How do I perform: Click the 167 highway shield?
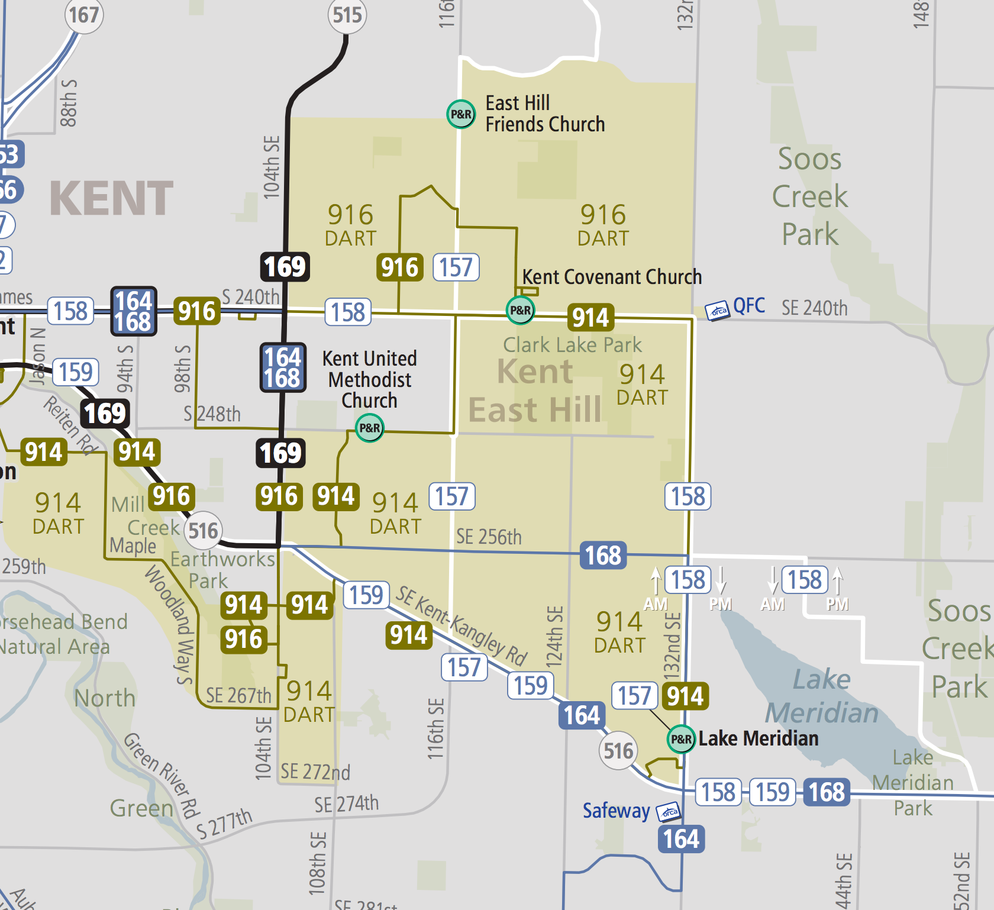pos(83,15)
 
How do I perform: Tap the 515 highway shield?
pos(347,15)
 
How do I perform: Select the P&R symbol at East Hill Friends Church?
pos(461,114)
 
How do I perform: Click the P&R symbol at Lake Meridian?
pos(681,739)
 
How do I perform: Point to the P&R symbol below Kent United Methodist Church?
pos(369,428)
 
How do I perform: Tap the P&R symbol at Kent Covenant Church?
pos(521,310)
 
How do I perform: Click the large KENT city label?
pos(111,199)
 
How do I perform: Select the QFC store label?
pos(748,306)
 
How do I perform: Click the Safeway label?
pos(616,811)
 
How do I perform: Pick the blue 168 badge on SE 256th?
pos(603,556)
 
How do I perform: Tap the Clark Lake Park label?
pos(572,344)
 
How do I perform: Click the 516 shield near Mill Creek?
pos(203,531)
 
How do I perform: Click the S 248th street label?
pos(212,414)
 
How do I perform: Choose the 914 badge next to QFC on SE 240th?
pos(590,318)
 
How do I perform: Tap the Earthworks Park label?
pos(222,570)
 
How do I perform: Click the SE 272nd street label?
pos(315,772)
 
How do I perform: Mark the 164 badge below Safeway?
pos(681,839)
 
